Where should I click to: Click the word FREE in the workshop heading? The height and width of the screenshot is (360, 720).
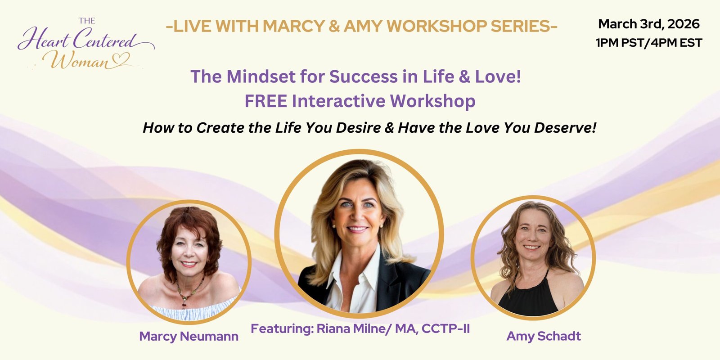[x=265, y=101]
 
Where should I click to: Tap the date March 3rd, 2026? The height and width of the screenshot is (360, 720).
[x=648, y=24]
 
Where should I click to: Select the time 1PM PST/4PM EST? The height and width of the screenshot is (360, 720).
[x=648, y=43]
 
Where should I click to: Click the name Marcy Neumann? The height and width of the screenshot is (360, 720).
[x=189, y=336]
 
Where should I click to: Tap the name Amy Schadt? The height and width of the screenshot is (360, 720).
[x=544, y=336]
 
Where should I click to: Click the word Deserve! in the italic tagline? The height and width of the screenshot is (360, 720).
[x=565, y=128]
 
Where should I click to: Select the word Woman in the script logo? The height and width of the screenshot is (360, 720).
[x=81, y=60]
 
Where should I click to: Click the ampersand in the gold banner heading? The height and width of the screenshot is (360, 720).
[x=335, y=26]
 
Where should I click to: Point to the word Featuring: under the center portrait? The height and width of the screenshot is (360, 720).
[x=282, y=329]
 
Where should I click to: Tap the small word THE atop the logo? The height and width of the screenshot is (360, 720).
[x=87, y=21]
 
